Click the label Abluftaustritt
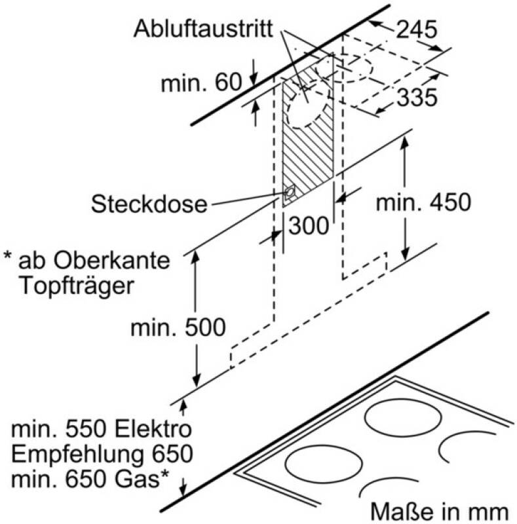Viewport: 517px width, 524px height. pyautogui.click(x=203, y=29)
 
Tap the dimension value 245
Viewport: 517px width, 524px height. pyautogui.click(x=417, y=29)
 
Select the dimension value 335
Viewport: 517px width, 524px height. pyautogui.click(x=417, y=97)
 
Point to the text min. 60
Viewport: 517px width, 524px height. pyautogui.click(x=201, y=83)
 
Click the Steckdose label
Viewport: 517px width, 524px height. pyautogui.click(x=149, y=204)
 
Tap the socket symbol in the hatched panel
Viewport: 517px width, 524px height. pyautogui.click(x=288, y=193)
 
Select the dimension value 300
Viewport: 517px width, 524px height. pyautogui.click(x=309, y=226)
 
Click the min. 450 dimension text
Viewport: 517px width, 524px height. pyautogui.click(x=423, y=202)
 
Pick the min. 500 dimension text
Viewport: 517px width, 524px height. pyautogui.click(x=178, y=327)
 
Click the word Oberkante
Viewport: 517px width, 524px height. pyautogui.click(x=112, y=260)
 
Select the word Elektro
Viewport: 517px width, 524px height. pyautogui.click(x=157, y=429)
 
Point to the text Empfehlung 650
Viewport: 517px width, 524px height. pyautogui.click(x=102, y=454)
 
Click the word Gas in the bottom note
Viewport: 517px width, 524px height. pyautogui.click(x=137, y=479)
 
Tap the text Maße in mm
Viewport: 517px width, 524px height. pyautogui.click(x=440, y=512)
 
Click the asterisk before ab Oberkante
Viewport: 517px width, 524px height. pyautogui.click(x=7, y=256)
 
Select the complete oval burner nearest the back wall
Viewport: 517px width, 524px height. pyautogui.click(x=402, y=418)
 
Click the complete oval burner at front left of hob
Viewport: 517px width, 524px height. pyautogui.click(x=324, y=464)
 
